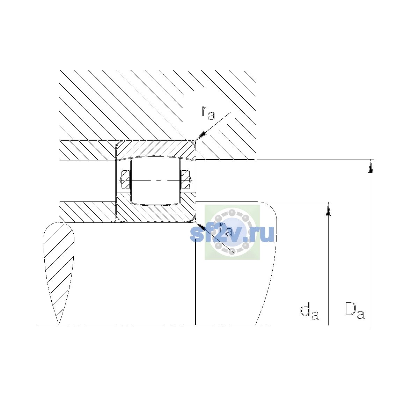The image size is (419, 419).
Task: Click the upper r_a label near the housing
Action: point(208,113)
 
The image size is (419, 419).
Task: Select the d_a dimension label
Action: point(309,312)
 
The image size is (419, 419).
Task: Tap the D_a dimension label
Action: point(354,310)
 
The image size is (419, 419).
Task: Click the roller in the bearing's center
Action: point(155,181)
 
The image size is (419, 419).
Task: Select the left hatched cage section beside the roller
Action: point(126,179)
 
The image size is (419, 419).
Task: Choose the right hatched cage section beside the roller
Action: point(185,179)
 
